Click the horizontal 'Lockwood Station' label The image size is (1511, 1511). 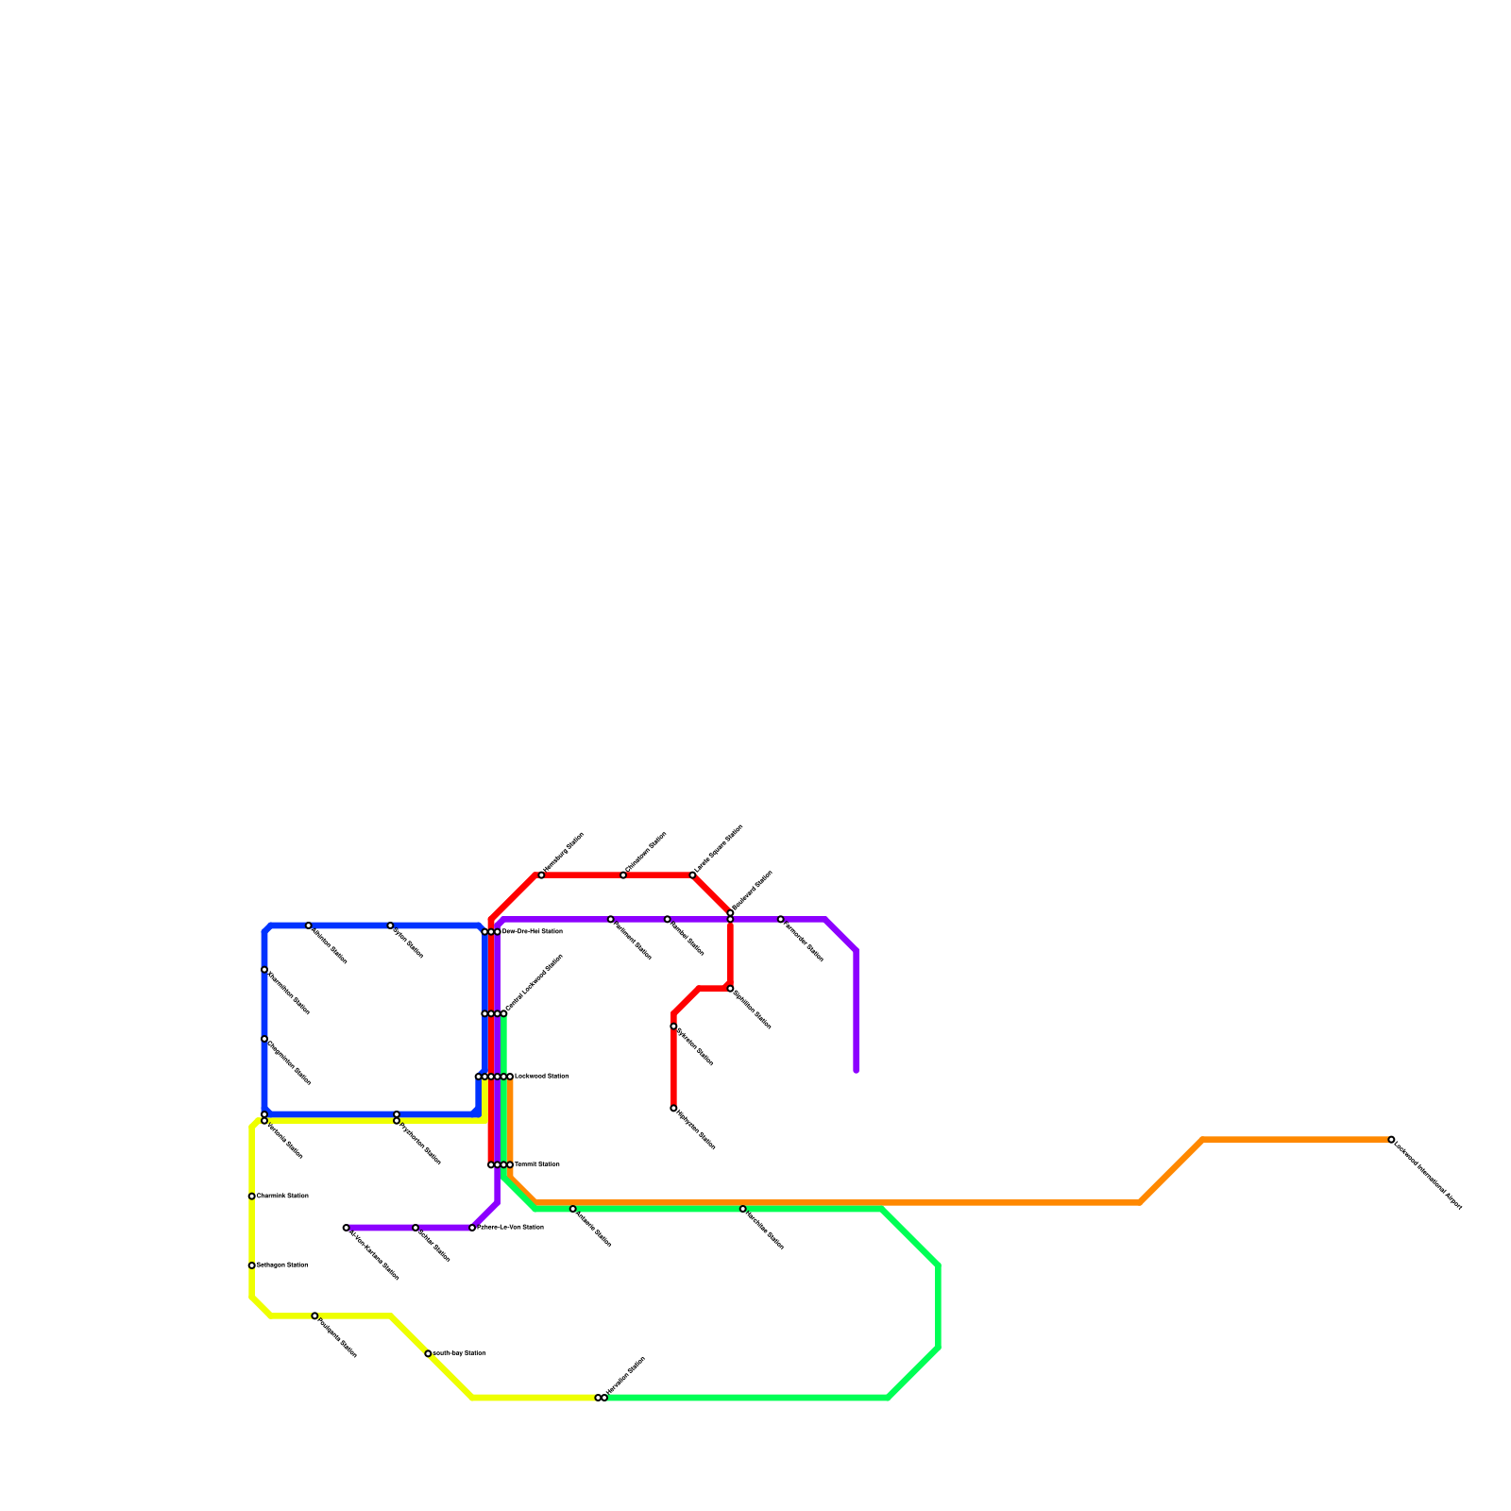point(540,1077)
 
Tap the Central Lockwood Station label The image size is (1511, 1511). point(535,983)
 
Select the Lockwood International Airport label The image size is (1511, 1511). point(1428,1175)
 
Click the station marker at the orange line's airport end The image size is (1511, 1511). point(1391,1140)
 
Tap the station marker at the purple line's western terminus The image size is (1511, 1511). point(347,1228)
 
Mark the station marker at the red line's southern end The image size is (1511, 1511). point(673,1109)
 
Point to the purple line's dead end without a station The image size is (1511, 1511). point(856,1071)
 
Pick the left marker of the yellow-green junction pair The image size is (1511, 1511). point(598,1398)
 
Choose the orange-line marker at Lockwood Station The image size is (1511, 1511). point(510,1077)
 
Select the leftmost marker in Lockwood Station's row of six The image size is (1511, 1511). point(478,1077)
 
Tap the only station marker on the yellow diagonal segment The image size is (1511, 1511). point(429,1354)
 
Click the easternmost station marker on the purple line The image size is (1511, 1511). point(781,919)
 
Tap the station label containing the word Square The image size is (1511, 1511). point(719,849)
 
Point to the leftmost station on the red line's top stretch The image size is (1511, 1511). point(541,875)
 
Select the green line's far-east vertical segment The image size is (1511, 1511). point(938,1306)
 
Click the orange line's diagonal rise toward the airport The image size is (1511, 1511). point(1171,1172)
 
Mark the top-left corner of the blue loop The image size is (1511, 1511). point(266,929)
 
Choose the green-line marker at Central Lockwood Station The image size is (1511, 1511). point(503,1014)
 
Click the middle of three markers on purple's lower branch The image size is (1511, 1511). point(416,1228)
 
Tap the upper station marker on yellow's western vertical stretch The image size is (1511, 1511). point(251,1197)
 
